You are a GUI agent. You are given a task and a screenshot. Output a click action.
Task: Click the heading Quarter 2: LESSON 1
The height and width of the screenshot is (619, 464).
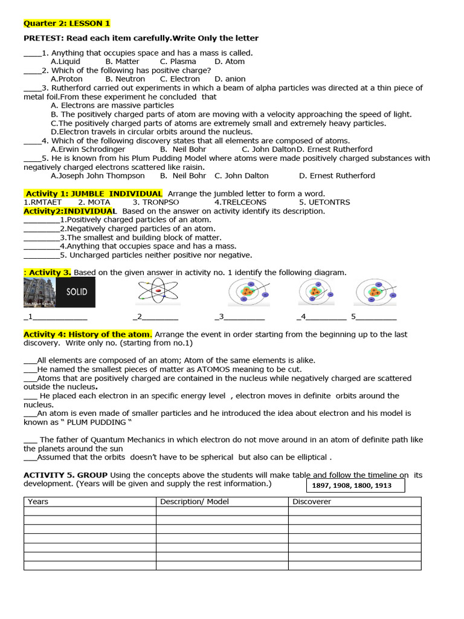click(67, 24)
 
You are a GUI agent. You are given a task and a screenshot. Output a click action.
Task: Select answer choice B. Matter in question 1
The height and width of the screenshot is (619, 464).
click(122, 62)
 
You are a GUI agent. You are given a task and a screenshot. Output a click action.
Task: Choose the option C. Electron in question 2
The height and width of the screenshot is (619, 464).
click(179, 79)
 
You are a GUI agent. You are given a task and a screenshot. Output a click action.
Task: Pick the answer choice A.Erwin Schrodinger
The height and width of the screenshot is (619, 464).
click(88, 149)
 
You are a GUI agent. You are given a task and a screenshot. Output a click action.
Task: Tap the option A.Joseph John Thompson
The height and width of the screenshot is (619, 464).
click(97, 176)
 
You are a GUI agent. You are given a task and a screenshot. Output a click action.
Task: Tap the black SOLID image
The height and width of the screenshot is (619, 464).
click(77, 291)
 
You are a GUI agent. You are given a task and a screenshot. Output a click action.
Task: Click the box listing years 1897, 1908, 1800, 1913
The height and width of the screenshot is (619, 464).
click(352, 485)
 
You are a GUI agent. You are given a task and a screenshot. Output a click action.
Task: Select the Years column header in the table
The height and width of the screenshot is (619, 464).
click(38, 502)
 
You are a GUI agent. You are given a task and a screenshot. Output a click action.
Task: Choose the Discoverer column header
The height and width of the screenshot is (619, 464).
click(312, 502)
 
